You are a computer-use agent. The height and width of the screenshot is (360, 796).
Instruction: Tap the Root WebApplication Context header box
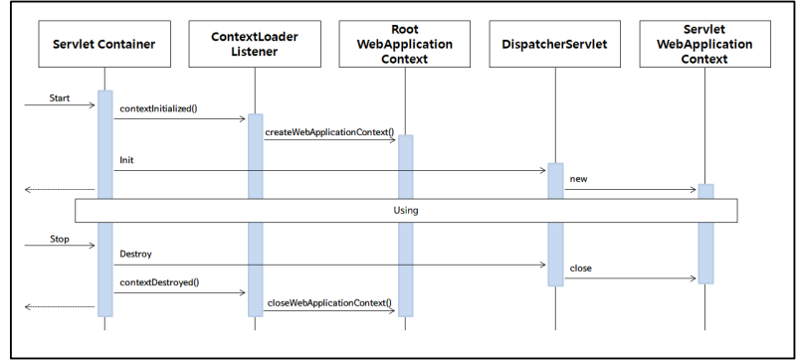coord(406,45)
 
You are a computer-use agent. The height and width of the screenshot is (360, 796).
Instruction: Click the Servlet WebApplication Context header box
coord(704,45)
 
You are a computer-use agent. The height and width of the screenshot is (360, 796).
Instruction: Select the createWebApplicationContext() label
coord(329,130)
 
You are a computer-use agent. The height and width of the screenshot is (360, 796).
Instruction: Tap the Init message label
coord(127,159)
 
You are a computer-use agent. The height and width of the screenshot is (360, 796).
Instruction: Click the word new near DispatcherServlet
coord(579,179)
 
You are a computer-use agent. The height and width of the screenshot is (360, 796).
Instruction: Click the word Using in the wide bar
coord(406,211)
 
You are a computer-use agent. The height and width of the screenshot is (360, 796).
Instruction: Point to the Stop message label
coord(61,240)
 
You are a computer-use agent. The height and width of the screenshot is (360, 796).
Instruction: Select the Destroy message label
coord(136,255)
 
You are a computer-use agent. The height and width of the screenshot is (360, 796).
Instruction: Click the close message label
coord(582,270)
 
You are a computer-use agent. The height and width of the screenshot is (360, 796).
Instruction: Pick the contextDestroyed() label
coord(159,283)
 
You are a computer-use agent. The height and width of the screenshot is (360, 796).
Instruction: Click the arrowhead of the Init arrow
coord(541,170)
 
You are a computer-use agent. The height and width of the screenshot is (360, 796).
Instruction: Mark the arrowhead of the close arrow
coord(693,279)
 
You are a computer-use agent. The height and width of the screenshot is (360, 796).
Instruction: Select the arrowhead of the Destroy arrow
coord(541,265)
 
